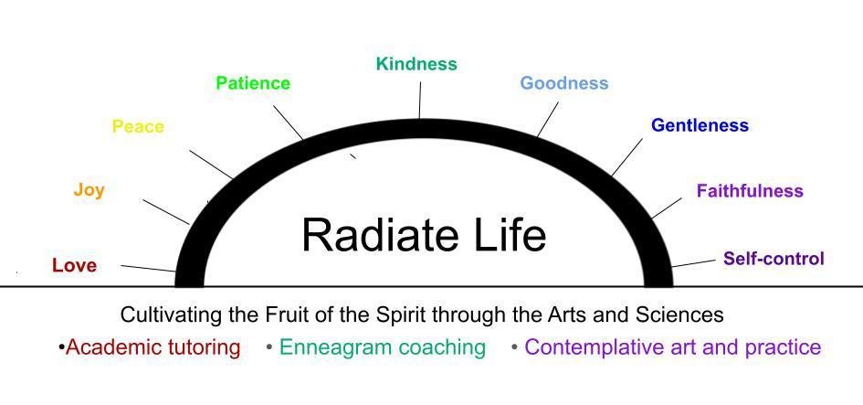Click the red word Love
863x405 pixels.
pos(74,266)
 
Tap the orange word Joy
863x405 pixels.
pos(89,191)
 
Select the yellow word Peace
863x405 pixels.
pos(138,127)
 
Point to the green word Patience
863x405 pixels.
pos(253,83)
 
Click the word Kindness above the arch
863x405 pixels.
pos(416,64)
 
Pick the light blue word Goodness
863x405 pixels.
pos(564,83)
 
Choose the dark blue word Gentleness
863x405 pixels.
pos(700,125)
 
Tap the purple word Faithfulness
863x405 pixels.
pos(750,191)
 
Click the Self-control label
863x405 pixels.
pos(774,258)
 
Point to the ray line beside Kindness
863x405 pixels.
pos(420,101)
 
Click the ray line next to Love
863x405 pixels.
pos(148,269)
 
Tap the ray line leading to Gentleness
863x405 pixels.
pos(626,157)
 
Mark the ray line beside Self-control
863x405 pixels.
pos(693,263)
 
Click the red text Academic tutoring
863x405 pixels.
pos(153,347)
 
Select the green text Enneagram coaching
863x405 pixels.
pos(383,347)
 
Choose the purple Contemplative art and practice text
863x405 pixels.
pos(673,347)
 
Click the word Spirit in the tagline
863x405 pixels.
pos(402,315)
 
